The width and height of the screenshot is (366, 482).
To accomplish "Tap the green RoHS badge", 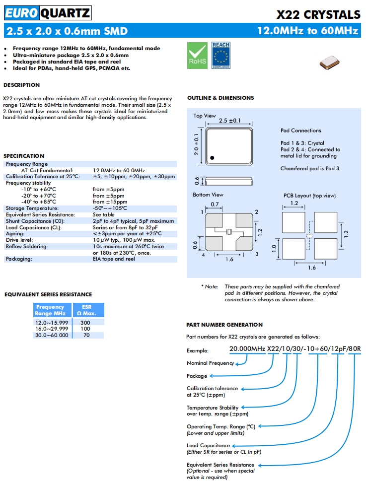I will pos(196,55).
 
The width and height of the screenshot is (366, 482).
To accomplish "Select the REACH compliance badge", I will pos(220,55).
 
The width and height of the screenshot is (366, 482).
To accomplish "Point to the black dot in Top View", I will pos(212,157).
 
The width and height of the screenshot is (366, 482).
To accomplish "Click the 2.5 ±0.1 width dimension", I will pos(229,121).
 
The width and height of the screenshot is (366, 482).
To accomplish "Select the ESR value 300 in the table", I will pos(85,322).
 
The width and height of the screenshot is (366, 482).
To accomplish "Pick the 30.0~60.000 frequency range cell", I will pos(52,335).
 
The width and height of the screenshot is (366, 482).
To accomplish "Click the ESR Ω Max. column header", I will pos(86,310).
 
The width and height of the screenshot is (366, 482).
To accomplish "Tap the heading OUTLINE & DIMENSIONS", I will pos(220,98).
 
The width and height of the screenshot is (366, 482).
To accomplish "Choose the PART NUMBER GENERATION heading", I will pos(224,325).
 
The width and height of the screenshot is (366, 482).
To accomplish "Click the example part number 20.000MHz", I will pos(247,348).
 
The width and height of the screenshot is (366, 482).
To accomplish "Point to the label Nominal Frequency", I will pos(210,363).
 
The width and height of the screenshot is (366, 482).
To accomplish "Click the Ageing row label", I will pos(15,233).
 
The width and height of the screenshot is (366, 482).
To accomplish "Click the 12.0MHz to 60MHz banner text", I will pos(307,31).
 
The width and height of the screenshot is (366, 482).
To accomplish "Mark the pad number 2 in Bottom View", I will pos(256,212).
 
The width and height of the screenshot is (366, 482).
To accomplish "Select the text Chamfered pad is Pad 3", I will pos(310,168).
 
